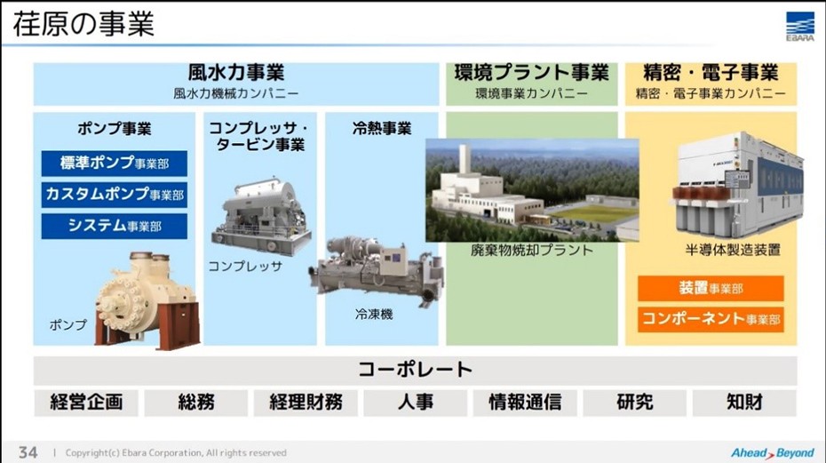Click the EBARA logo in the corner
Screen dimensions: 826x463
[x=799, y=27]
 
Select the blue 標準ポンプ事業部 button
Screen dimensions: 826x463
[x=115, y=164]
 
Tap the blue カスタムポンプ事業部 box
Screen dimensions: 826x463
[x=115, y=195]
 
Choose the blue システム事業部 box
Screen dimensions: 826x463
[x=115, y=227]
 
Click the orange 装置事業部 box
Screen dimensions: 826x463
[x=711, y=289]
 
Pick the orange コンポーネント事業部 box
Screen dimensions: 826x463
[x=711, y=320]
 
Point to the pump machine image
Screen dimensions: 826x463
[x=147, y=300]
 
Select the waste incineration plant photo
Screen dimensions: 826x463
[x=532, y=190]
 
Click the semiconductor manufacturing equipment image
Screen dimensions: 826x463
[x=737, y=185]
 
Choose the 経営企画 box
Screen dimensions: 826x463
[x=86, y=403]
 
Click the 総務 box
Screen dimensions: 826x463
[x=196, y=403]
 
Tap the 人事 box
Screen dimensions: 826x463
[x=415, y=403]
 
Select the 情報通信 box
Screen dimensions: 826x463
[x=525, y=403]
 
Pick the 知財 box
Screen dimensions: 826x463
[x=744, y=403]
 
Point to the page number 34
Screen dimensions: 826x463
[x=28, y=452]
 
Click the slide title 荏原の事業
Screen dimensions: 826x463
[x=83, y=24]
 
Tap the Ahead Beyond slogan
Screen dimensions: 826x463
[x=773, y=453]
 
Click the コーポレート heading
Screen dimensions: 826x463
[x=415, y=370]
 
